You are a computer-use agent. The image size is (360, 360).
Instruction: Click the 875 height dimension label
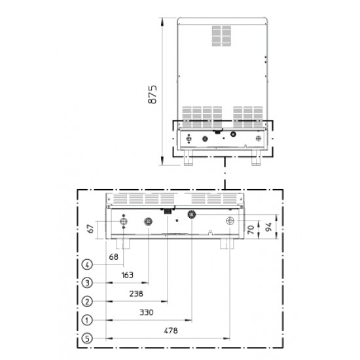coord(153,95)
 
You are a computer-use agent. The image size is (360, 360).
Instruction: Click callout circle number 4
coord(87,264)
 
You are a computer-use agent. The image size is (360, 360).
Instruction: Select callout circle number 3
coord(87,283)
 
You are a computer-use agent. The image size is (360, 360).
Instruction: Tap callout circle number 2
coord(87,302)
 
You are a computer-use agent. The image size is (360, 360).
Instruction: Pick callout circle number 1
coord(87,320)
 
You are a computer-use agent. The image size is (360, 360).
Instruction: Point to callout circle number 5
coord(87,338)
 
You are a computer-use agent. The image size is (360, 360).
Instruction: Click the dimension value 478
coord(171,331)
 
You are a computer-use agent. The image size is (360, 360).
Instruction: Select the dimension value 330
coord(147,312)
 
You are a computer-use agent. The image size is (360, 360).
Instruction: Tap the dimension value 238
coord(136,294)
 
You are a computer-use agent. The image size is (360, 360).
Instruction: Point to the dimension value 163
coord(127,275)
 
